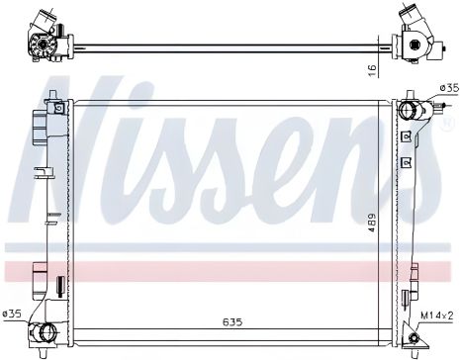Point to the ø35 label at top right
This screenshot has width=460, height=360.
click(x=448, y=89)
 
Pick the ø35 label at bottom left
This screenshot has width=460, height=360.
click(x=12, y=315)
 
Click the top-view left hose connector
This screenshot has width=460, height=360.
click(x=44, y=42)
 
